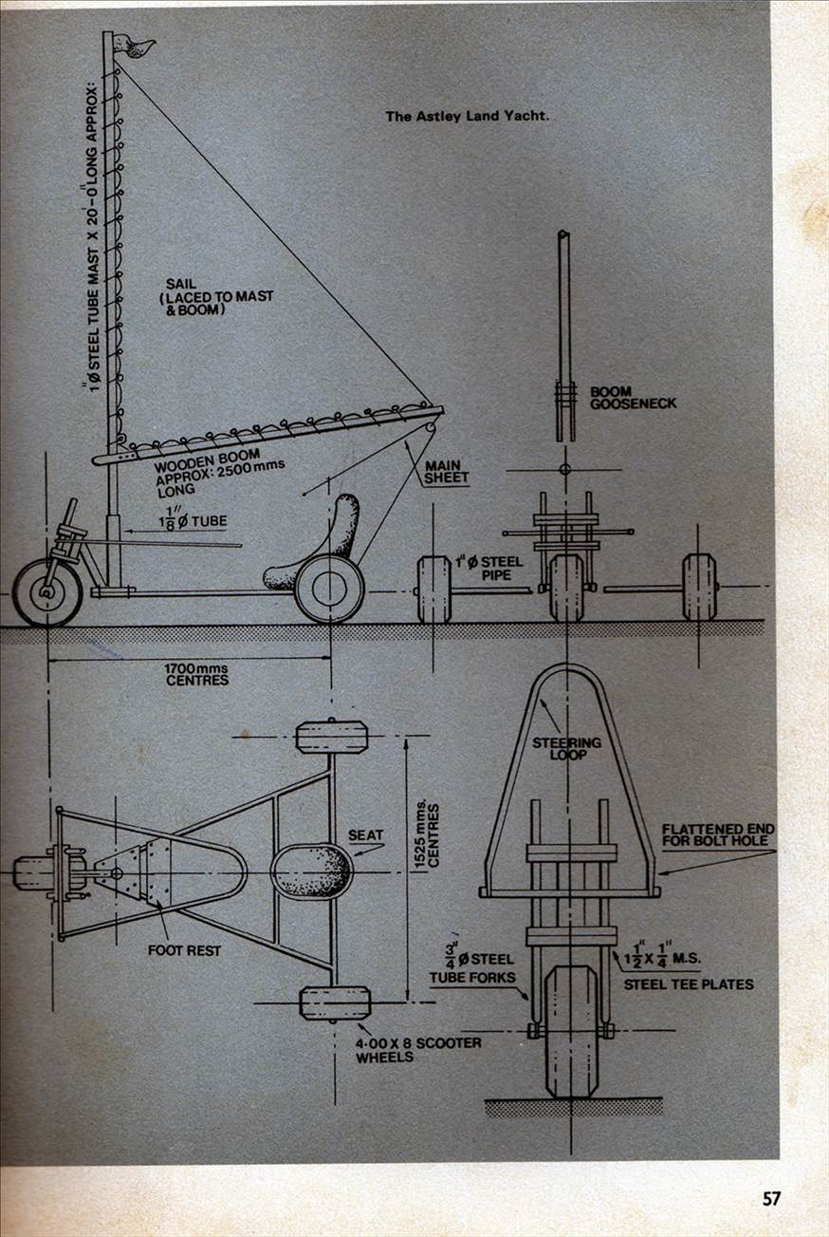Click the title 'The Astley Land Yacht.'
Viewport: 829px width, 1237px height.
(x=468, y=117)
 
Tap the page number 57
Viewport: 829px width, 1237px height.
(x=771, y=1199)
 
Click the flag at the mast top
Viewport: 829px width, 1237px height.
(x=135, y=44)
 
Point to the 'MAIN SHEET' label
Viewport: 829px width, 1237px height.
(x=446, y=472)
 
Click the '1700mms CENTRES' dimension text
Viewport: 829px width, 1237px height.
(x=197, y=674)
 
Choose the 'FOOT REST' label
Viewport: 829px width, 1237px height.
(x=184, y=948)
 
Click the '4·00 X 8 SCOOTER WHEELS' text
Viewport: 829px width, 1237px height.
(x=418, y=1049)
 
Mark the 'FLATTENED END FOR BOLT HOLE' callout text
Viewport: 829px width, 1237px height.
(x=718, y=835)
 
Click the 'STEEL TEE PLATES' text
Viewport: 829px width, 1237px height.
(x=689, y=984)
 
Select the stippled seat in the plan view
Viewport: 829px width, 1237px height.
(x=314, y=871)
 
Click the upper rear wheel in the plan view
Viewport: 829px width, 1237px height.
(x=331, y=737)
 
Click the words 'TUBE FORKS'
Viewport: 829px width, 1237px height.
(x=472, y=977)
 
